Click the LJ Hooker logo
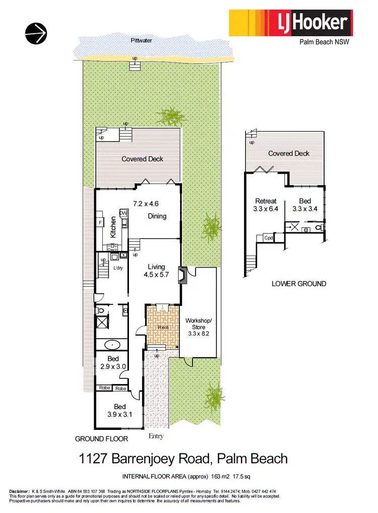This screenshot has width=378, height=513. pos(290,23)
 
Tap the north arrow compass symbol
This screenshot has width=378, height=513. pos(36,33)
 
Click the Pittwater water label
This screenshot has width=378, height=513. pos(141,40)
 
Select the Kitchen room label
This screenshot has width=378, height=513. pos(113,227)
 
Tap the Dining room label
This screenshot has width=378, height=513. pos(157,216)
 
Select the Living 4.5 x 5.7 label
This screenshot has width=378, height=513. pos(157,271)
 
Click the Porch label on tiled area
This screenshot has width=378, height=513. pos(162,328)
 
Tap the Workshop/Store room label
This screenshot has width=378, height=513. pos(199,327)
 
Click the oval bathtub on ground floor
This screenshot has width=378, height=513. pos(112,345)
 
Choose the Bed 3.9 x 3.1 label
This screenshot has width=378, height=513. pos(119,411)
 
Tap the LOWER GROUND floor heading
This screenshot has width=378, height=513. pos(299,284)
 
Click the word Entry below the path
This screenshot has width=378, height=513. pos(156,436)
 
